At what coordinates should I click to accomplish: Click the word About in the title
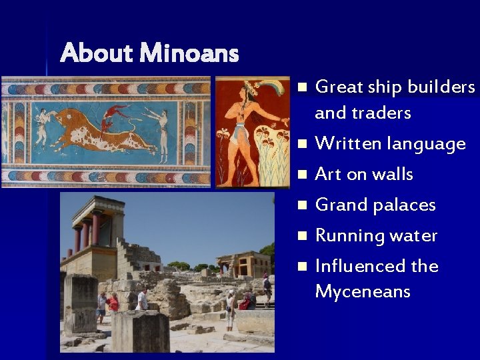97,53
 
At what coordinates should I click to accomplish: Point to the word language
427,144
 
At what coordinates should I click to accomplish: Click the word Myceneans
363,292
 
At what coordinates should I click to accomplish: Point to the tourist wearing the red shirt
113,303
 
